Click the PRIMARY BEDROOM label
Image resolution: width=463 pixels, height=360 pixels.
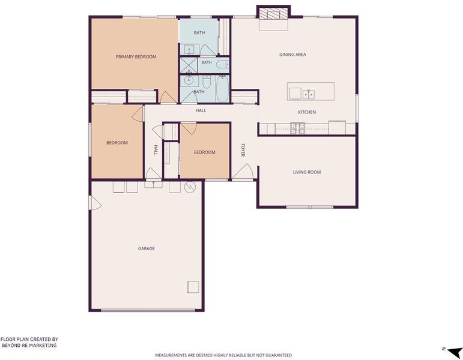click(136, 56)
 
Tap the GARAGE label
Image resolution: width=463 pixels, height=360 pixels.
click(147, 248)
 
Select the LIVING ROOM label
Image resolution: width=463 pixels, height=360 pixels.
click(307, 172)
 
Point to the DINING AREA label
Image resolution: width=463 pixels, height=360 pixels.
click(292, 55)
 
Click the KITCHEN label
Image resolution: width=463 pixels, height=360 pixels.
click(307, 112)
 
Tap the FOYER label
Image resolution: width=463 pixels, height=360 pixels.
click(243, 150)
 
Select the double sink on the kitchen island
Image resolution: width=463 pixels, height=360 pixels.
click(309, 94)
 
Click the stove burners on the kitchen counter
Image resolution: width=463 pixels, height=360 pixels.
click(298, 128)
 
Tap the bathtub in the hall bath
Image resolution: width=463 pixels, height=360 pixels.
click(222, 89)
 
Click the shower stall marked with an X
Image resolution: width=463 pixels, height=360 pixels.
click(189, 65)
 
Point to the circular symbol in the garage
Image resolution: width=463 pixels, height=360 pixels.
click(190, 187)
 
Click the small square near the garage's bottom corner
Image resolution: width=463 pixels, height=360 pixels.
click(193, 287)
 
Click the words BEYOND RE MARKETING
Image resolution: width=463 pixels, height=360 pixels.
click(29, 345)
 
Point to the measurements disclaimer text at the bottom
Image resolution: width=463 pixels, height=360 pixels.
click(223, 355)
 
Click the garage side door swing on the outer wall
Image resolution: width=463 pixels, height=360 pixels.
click(95, 203)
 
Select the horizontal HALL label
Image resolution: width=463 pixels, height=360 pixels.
click(201, 110)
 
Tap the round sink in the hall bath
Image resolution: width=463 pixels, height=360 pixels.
click(188, 80)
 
